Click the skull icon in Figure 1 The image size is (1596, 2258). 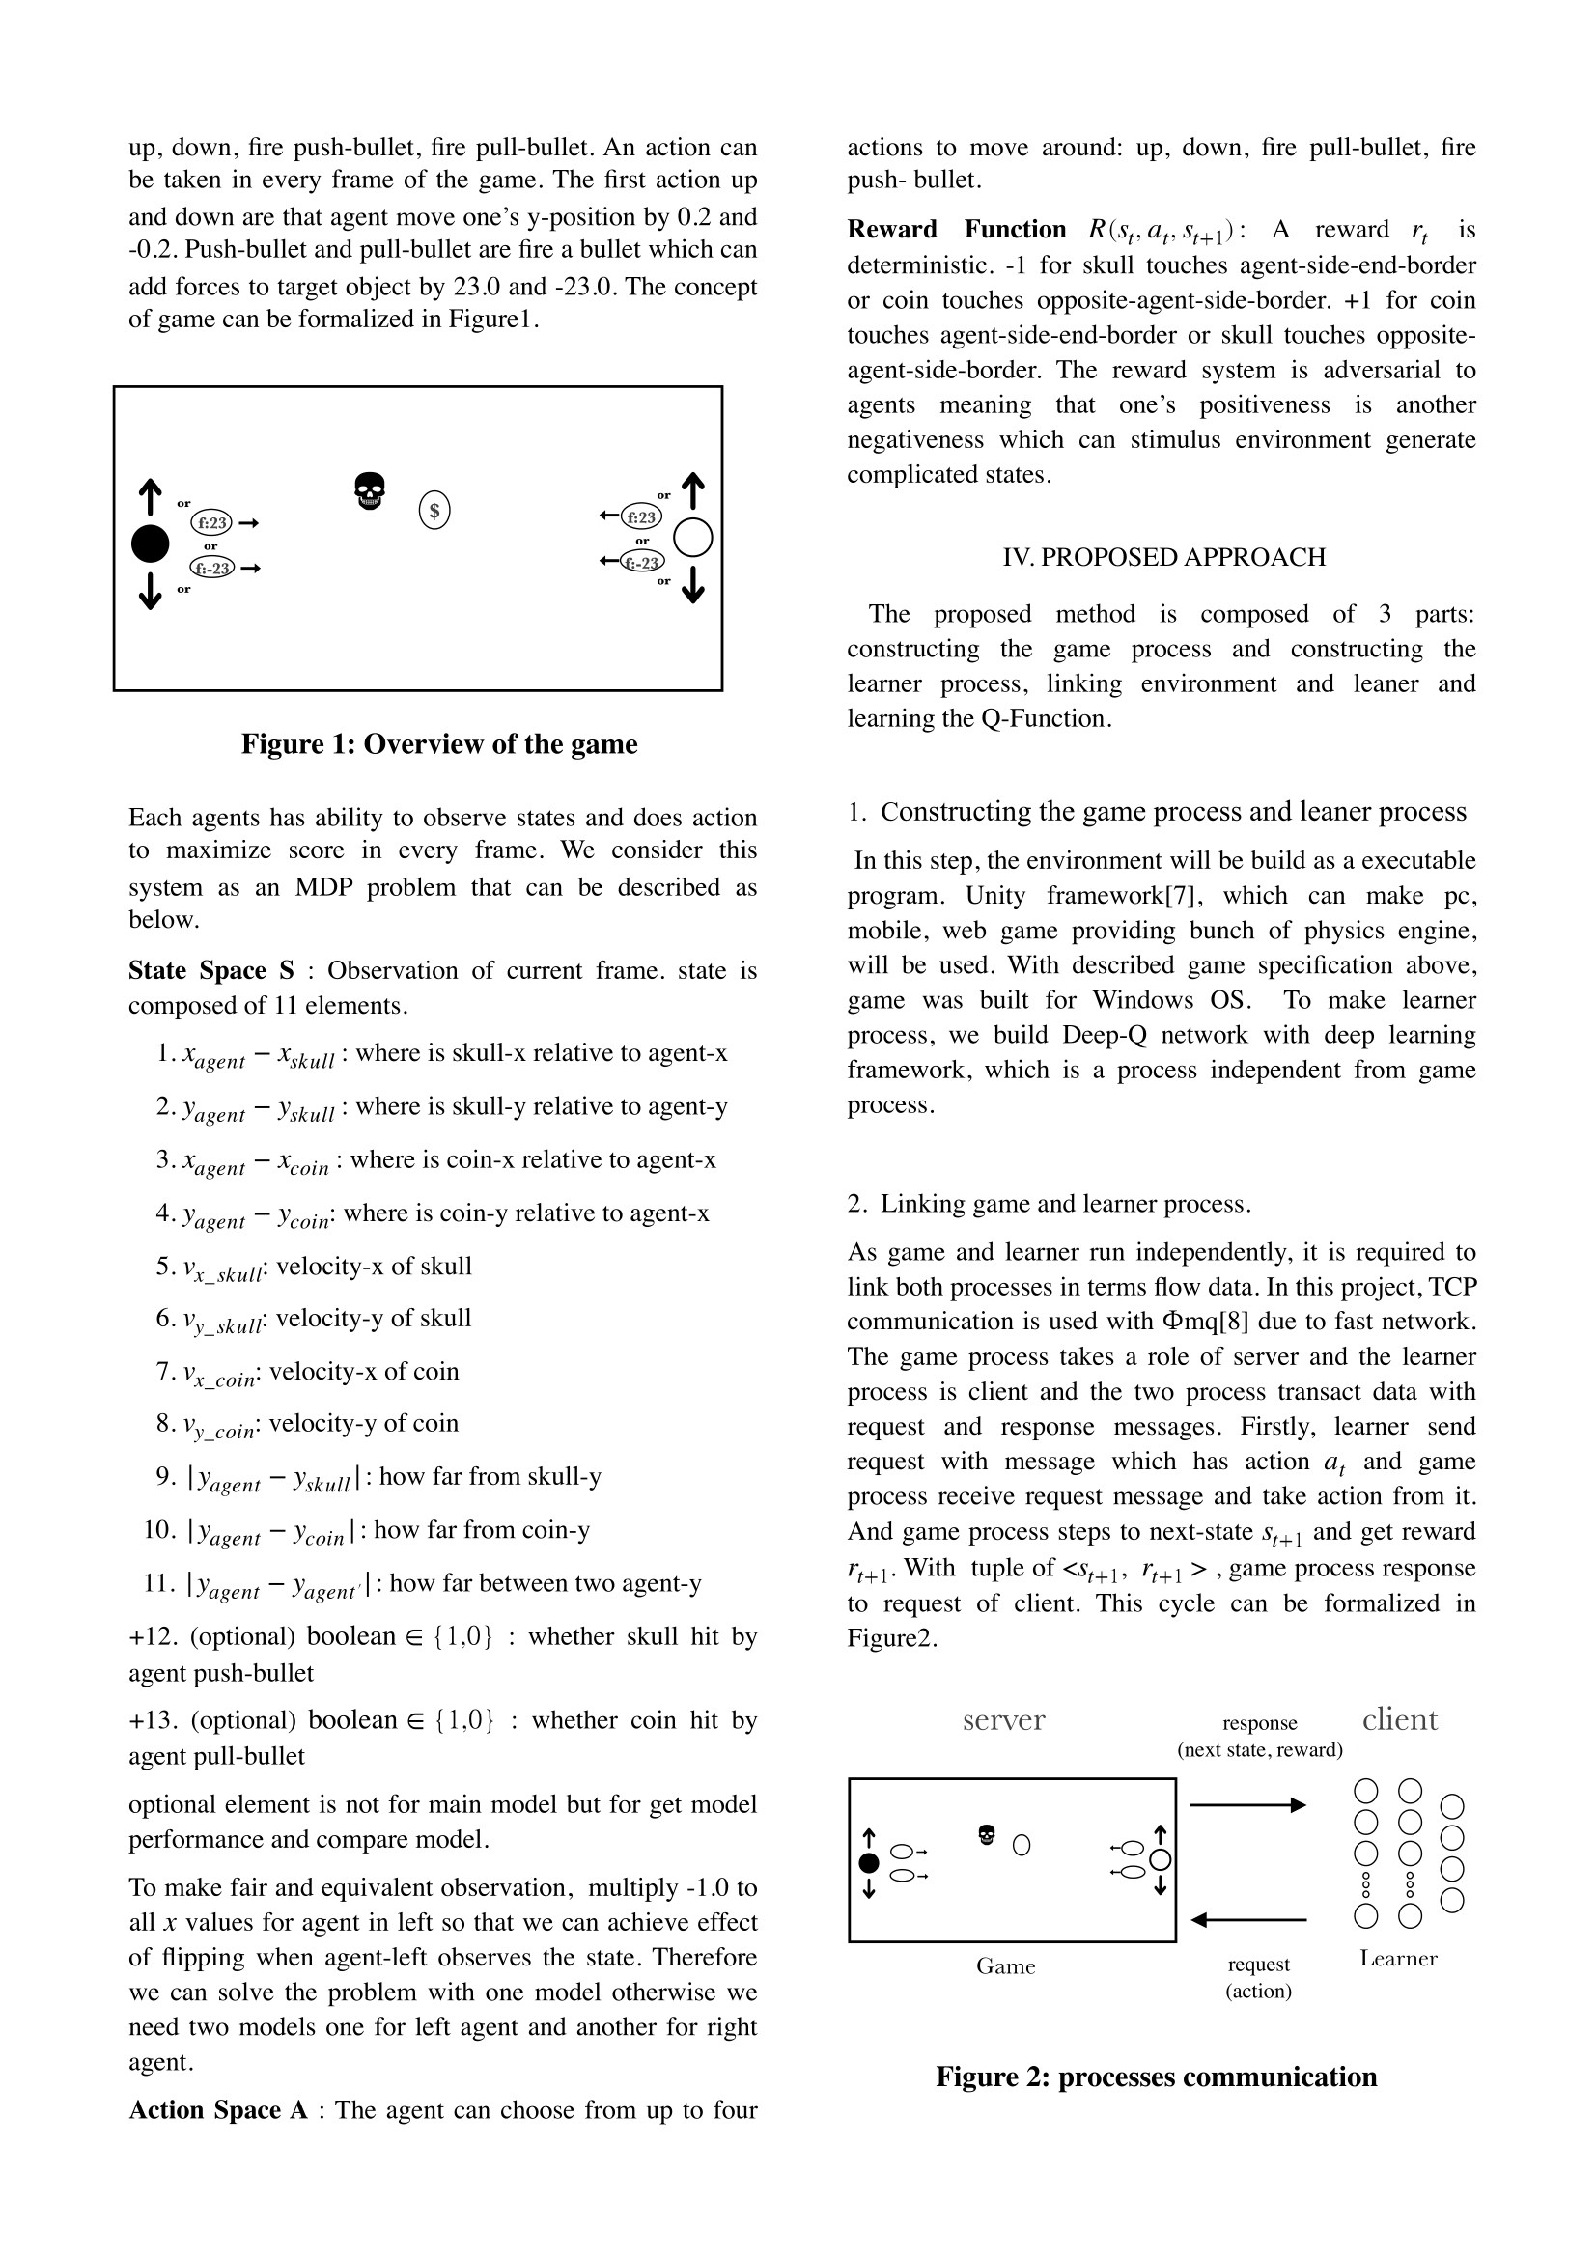370,490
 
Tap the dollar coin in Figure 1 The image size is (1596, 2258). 434,511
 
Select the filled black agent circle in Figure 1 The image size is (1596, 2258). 151,544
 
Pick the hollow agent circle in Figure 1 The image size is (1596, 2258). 693,538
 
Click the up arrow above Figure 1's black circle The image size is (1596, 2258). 150,496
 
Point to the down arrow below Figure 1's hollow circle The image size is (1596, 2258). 693,584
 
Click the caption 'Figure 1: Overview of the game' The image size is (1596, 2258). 439,744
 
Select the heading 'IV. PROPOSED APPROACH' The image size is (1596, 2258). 1163,558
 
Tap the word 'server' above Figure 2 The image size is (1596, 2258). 1003,1720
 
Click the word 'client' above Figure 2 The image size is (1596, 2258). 1399,1720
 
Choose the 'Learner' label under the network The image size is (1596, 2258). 1398,1958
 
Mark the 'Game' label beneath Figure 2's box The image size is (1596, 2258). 1005,1965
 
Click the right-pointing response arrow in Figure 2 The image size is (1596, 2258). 1247,1804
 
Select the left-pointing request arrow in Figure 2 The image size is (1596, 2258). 1247,1919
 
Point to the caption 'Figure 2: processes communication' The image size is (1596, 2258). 1157,2077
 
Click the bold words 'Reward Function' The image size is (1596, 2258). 957,230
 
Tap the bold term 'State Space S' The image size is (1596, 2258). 211,970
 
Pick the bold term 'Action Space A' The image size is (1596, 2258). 218,2110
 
